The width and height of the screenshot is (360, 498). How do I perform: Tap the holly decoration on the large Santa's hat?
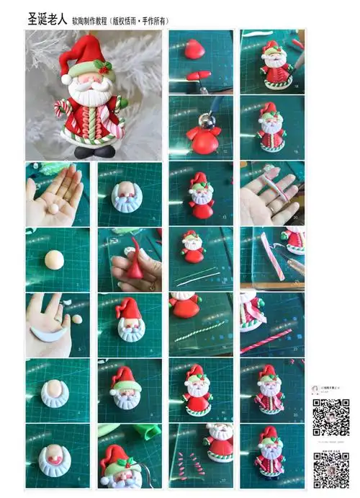(x=106, y=68)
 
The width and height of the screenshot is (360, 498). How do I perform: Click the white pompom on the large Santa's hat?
(x=66, y=79)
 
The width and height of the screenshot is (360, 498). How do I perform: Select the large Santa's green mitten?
(x=122, y=104)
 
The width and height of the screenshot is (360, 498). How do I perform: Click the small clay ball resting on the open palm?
(x=53, y=208)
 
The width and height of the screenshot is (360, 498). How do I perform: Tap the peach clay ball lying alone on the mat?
(x=55, y=259)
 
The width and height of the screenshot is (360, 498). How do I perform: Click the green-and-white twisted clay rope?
(x=199, y=331)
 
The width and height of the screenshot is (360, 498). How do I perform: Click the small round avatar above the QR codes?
(x=315, y=389)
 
